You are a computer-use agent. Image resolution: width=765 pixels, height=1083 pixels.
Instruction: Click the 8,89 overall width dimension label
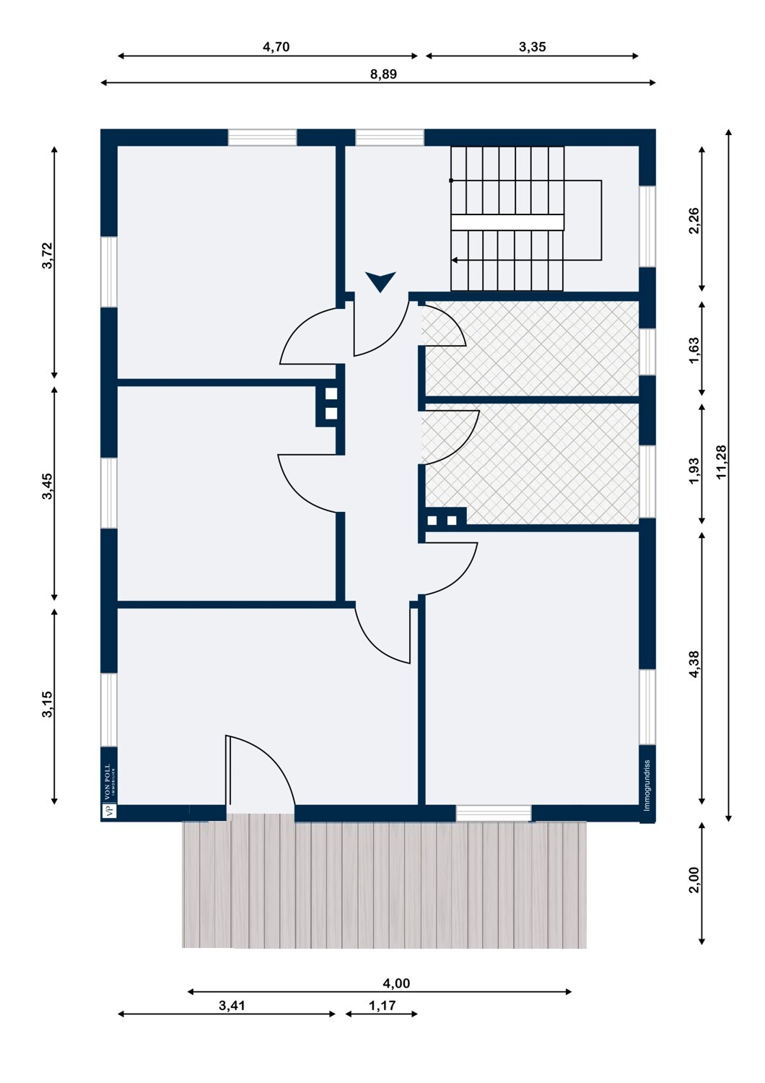tap(383, 74)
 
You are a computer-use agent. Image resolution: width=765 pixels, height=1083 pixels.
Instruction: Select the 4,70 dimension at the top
tap(276, 47)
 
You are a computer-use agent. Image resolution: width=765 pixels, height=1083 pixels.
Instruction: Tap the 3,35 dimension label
tap(532, 47)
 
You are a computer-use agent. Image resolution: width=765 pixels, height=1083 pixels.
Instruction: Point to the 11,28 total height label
tap(721, 462)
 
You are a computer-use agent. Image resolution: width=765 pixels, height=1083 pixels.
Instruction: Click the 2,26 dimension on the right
tap(694, 220)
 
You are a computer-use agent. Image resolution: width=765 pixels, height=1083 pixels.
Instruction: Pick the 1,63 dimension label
tap(694, 350)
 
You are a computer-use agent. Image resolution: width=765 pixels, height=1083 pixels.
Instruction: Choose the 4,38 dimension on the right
tap(694, 664)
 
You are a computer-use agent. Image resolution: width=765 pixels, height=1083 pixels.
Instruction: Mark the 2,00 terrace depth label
tap(694, 880)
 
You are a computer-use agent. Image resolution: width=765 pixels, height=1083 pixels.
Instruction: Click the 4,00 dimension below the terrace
tap(396, 983)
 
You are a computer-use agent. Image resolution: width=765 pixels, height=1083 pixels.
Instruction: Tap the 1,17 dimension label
tap(382, 1006)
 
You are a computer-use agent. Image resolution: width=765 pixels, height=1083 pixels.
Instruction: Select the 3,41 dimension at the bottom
tap(232, 1006)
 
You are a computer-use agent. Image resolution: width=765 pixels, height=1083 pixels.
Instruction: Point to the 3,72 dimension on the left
tap(47, 256)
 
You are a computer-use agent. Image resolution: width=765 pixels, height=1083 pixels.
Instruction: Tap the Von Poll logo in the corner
tap(109, 791)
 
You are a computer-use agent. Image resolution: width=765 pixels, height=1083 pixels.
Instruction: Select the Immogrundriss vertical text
tap(647, 786)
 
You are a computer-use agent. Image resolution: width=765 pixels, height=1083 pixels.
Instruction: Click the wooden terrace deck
tap(384, 884)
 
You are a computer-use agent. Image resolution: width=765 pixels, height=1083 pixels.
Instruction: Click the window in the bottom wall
tap(494, 813)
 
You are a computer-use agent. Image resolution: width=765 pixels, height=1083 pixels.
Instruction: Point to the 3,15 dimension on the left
tap(47, 705)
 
